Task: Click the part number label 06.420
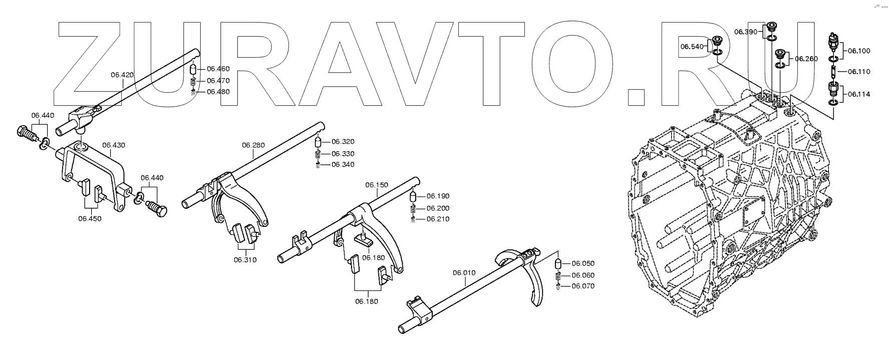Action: coord(122,75)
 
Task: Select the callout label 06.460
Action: coord(218,69)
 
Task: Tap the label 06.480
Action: coord(218,92)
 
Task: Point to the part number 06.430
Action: coord(114,145)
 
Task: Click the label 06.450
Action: coord(90,218)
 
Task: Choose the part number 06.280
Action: coord(253,145)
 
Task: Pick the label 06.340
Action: coord(343,165)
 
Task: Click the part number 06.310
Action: coord(245,260)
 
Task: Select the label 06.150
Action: coord(377,185)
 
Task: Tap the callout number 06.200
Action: coord(438,208)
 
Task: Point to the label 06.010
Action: coord(464,273)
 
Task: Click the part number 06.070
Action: coord(583,286)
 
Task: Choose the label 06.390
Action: coord(746,32)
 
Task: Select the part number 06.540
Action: coord(692,47)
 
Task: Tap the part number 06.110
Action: coord(858,72)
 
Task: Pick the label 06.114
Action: coord(858,94)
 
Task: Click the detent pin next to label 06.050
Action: coord(557,264)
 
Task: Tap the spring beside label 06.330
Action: coord(318,154)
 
